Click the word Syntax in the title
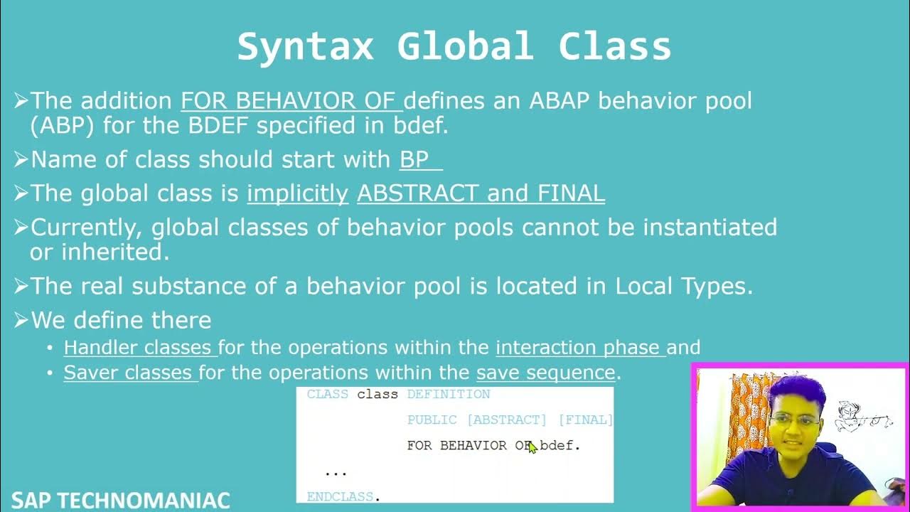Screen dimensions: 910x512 point(305,47)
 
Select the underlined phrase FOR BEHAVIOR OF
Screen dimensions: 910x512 point(291,100)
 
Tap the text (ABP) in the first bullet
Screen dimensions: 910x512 point(62,125)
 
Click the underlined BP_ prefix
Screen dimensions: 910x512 point(421,159)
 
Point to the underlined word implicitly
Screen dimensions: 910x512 point(298,193)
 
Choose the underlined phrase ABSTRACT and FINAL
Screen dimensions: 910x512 point(481,193)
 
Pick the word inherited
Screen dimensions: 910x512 point(115,252)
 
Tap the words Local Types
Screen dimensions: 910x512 point(684,286)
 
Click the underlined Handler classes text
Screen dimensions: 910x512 point(141,348)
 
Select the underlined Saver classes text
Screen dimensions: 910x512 point(131,372)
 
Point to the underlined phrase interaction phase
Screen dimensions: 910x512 point(581,348)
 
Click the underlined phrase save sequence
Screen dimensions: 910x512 point(545,373)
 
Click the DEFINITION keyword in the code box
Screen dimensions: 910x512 point(449,394)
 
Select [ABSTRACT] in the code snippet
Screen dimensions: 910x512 point(507,420)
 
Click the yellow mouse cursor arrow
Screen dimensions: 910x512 point(532,447)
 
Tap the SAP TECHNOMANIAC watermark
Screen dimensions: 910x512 point(120,500)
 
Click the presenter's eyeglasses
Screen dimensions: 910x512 point(794,420)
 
